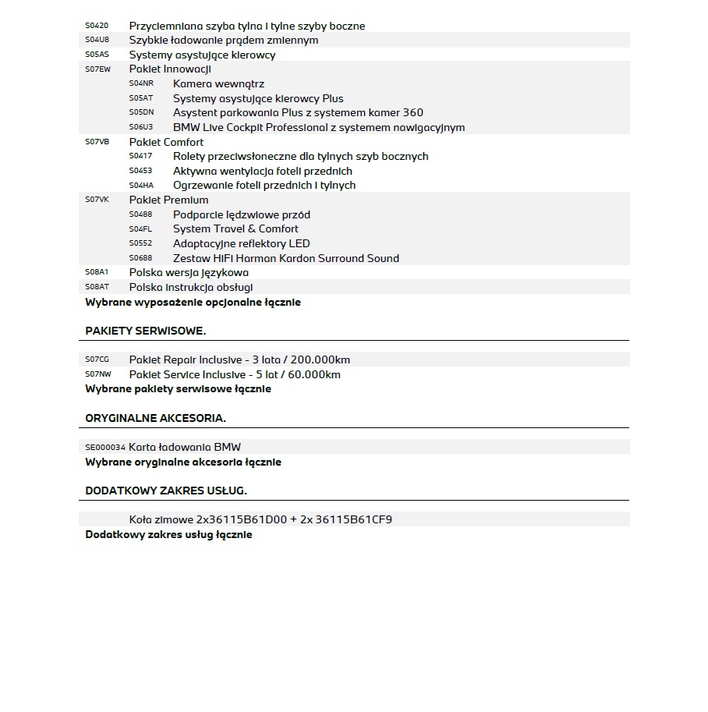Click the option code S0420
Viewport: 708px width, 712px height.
point(97,26)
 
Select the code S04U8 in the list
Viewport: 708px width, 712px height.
point(97,40)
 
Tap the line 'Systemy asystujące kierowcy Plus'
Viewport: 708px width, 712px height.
point(258,98)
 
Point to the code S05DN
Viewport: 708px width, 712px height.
point(141,112)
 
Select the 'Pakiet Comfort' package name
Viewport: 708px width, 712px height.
point(166,142)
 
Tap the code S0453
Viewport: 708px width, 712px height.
point(140,171)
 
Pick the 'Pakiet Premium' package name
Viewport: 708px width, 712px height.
point(168,200)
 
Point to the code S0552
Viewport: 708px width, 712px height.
point(140,243)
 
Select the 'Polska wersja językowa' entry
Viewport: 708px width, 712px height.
point(189,273)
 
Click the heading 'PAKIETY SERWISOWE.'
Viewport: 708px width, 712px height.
point(146,331)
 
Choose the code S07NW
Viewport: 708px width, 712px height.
point(97,374)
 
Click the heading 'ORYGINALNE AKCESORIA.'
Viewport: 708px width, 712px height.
point(155,418)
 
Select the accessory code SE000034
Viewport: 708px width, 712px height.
point(104,448)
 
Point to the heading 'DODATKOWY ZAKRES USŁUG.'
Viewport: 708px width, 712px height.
point(166,491)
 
